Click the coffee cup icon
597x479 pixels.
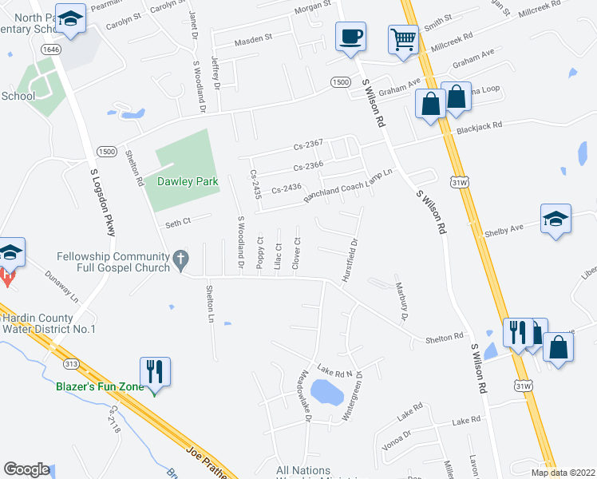coord(350,36)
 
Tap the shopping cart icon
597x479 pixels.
coord(404,38)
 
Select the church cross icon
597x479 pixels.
coord(181,259)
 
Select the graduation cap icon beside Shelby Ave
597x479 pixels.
coord(555,219)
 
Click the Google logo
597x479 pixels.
coord(26,469)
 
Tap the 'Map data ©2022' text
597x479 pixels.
coord(563,472)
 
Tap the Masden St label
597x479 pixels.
coord(254,38)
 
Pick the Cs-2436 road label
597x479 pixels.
coord(286,189)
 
